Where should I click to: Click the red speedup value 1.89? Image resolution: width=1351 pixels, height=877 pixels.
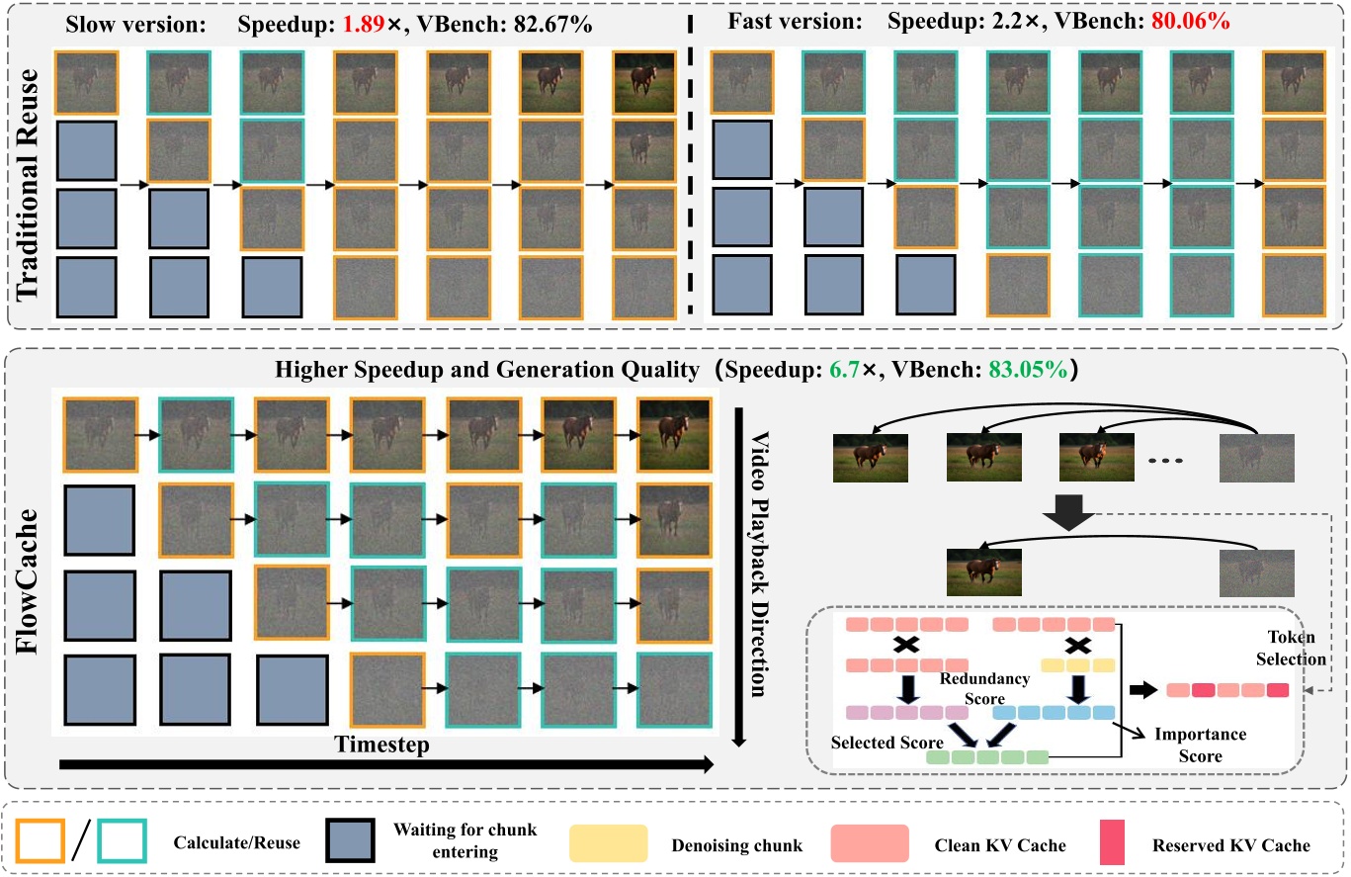pyautogui.click(x=361, y=25)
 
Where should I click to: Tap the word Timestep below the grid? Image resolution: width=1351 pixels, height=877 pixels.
pyautogui.click(x=381, y=745)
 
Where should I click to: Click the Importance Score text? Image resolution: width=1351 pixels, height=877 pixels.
pyautogui.click(x=1201, y=745)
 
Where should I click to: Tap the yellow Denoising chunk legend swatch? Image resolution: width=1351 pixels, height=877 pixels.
pyautogui.click(x=608, y=845)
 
